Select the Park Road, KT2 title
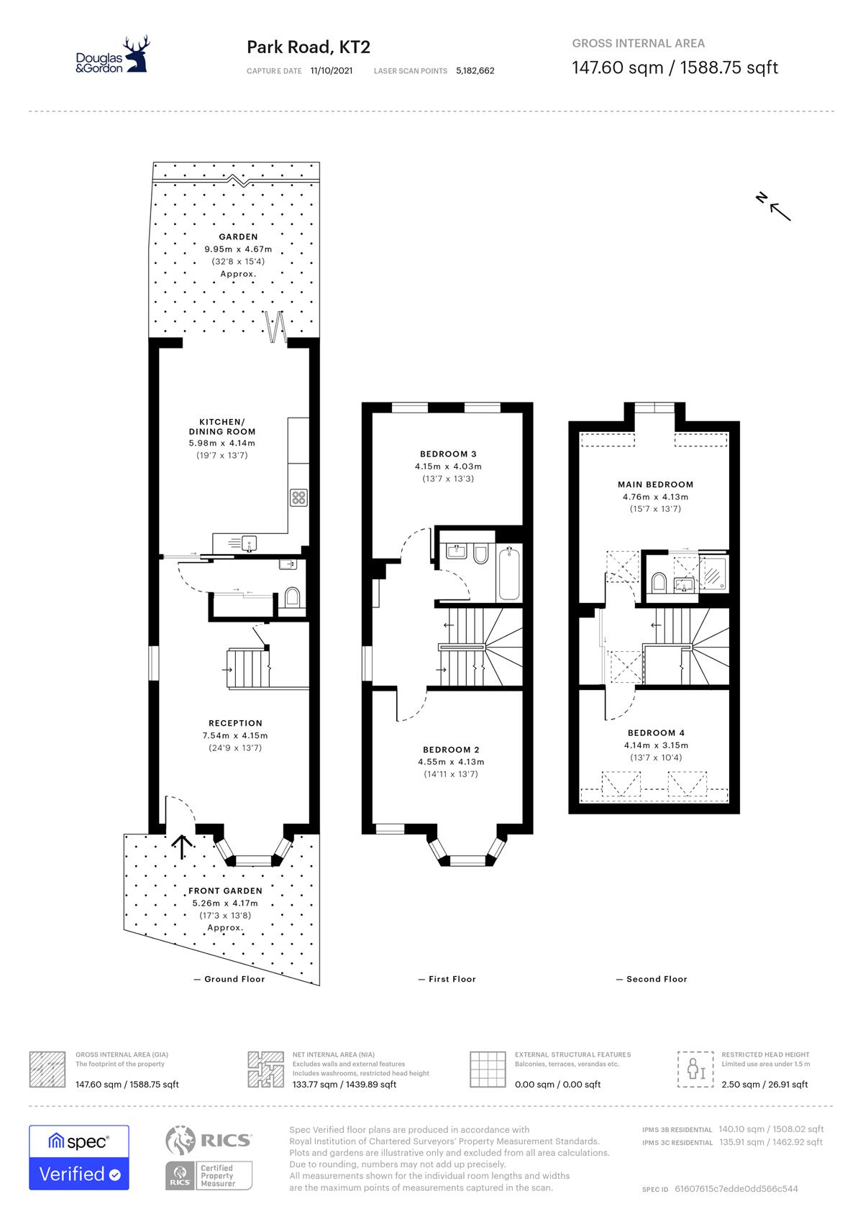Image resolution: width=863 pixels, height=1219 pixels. (309, 47)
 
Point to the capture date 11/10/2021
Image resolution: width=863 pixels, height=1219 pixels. (332, 70)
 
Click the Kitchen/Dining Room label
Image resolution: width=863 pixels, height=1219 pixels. (222, 427)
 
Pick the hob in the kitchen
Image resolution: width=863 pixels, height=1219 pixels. (298, 497)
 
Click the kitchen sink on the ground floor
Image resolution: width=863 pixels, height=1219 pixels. (249, 543)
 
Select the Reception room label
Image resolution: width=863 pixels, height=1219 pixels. (235, 723)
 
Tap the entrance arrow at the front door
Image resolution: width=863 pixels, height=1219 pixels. (182, 847)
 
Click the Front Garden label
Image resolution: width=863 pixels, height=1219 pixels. (225, 891)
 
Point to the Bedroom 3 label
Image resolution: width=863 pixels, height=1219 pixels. (448, 454)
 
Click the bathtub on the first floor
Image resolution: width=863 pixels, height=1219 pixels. (509, 574)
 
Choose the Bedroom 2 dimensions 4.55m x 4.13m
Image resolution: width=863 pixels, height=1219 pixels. (451, 762)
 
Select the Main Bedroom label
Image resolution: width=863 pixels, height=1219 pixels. (656, 484)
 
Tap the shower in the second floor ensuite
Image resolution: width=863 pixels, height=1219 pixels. (713, 573)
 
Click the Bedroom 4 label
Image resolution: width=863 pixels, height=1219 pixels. (656, 733)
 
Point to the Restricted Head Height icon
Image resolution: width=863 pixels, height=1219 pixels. (695, 1069)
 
